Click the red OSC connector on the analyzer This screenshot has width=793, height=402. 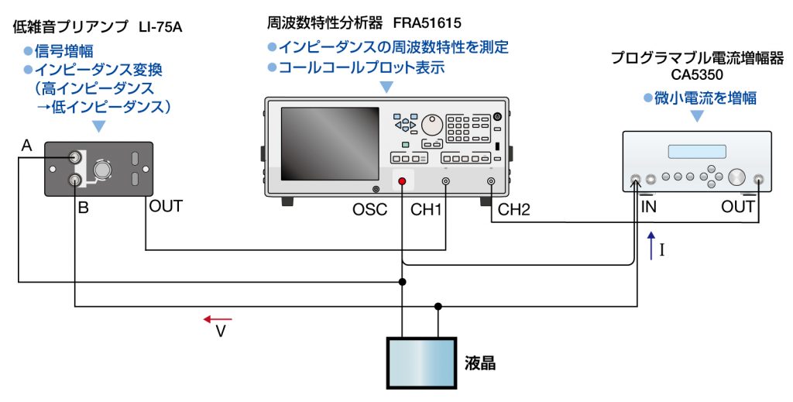(x=402, y=182)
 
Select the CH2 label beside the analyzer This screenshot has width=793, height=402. (x=513, y=209)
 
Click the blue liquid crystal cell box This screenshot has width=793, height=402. (x=421, y=362)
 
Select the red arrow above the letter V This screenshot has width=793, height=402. (x=218, y=319)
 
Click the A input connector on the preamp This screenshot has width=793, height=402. (x=75, y=157)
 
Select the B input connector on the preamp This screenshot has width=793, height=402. (x=75, y=181)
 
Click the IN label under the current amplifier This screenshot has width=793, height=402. (x=649, y=207)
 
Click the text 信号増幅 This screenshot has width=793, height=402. (x=64, y=52)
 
